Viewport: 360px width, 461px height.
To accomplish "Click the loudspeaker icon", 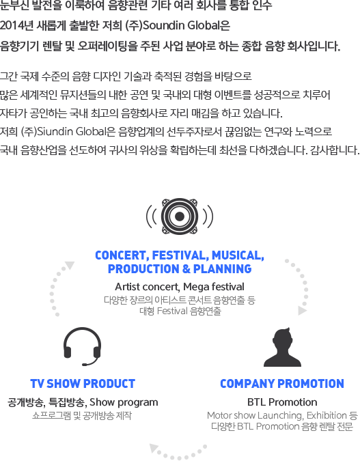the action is [180, 216].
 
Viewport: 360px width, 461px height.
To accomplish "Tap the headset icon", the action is [83, 347].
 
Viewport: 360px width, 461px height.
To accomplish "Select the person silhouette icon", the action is [282, 347].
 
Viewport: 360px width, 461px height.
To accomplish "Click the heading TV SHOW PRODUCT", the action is [83, 384].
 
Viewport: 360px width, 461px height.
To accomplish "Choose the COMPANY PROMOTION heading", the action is [282, 384].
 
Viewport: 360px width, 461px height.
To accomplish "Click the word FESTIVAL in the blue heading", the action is [180, 255].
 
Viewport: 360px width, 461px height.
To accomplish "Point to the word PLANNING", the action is [223, 269].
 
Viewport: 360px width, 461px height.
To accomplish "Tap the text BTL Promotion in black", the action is [282, 402].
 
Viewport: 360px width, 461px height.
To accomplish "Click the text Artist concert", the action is [147, 287].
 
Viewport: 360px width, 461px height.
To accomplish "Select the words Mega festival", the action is [214, 287].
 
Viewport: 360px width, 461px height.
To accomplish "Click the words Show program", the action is [124, 402].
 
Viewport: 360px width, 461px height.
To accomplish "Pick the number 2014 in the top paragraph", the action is [12, 26].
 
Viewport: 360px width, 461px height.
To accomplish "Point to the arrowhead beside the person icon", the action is [302, 311].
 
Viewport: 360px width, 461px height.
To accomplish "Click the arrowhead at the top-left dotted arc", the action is [70, 265].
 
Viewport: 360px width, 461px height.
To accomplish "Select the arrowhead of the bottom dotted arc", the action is [154, 448].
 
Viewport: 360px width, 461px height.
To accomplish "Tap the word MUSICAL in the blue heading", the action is [238, 255].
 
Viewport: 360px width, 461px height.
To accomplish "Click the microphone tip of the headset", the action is [85, 365].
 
